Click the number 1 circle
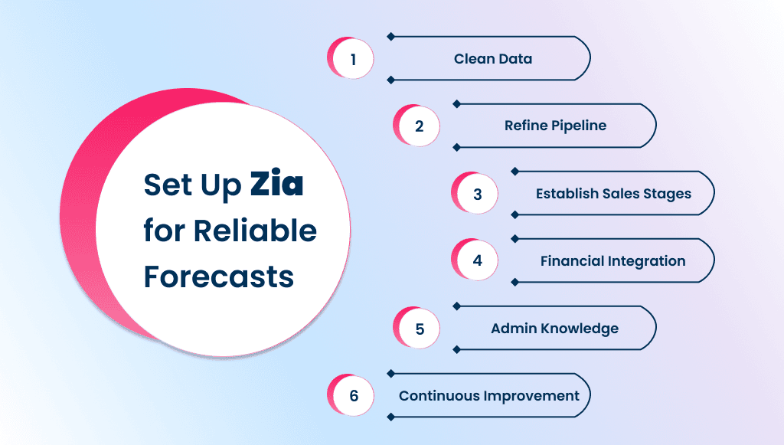pyautogui.click(x=353, y=59)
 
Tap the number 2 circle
pyautogui.click(x=419, y=126)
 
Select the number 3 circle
pyautogui.click(x=477, y=194)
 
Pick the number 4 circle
pyautogui.click(x=477, y=260)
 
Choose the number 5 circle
pyautogui.click(x=419, y=329)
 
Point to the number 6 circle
pyautogui.click(x=353, y=396)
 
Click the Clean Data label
pyautogui.click(x=492, y=59)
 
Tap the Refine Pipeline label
pyautogui.click(x=555, y=126)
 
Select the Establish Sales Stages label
pyautogui.click(x=613, y=194)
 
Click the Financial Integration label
pyautogui.click(x=612, y=261)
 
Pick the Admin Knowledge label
pyautogui.click(x=554, y=329)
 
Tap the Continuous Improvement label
pyautogui.click(x=489, y=396)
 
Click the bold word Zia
pyautogui.click(x=276, y=186)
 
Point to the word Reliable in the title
pyautogui.click(x=255, y=231)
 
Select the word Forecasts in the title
pyautogui.click(x=219, y=276)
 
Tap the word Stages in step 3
pyautogui.click(x=666, y=195)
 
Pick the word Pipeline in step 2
pyautogui.click(x=579, y=126)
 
